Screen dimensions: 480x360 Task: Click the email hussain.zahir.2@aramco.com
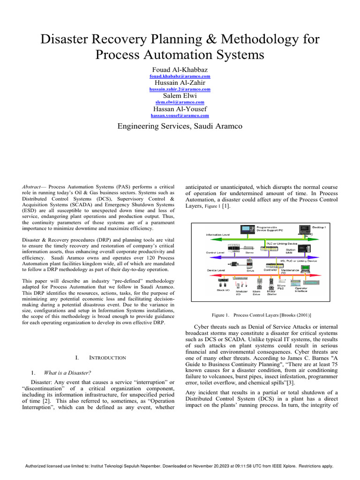(x=180, y=89)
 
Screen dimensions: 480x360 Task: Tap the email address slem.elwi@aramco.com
(x=180, y=102)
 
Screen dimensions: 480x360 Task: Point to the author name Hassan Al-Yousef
(x=180, y=109)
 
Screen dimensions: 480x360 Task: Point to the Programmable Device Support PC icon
(x=247, y=229)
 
